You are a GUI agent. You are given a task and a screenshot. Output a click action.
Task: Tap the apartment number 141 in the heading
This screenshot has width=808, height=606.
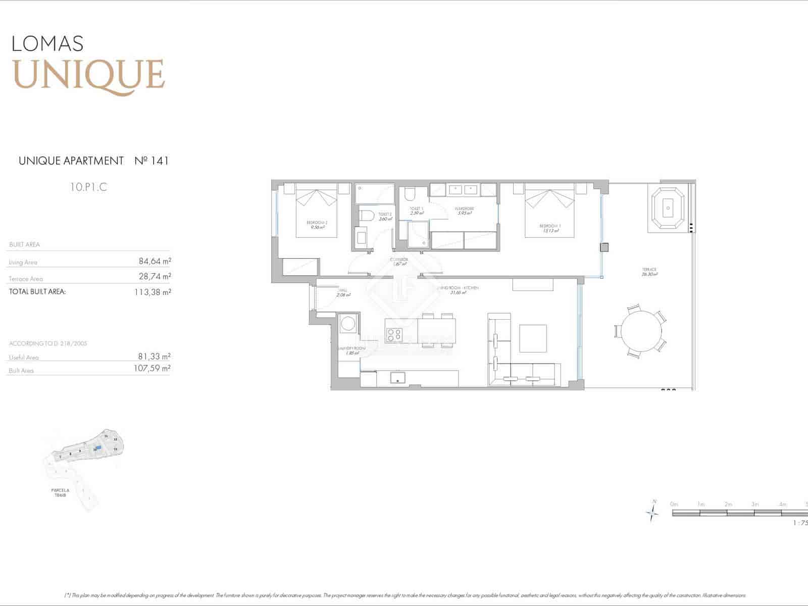coord(159,161)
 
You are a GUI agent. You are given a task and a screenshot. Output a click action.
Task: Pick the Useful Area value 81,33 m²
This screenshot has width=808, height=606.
coord(155,356)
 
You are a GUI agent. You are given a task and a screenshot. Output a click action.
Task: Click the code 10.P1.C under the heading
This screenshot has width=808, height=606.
coord(89,187)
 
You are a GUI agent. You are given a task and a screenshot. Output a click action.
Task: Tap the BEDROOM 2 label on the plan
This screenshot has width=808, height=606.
coord(317,225)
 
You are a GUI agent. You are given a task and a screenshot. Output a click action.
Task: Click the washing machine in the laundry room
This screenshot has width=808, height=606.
coord(348,323)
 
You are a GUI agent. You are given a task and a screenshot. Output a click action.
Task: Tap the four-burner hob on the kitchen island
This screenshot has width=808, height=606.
coord(394,334)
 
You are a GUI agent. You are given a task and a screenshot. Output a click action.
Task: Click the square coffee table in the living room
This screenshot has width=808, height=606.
coord(533,338)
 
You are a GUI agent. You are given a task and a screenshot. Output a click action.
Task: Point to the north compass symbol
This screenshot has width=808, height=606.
coord(652,512)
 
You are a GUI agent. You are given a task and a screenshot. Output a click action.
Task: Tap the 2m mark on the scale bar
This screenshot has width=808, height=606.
coord(728,504)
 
